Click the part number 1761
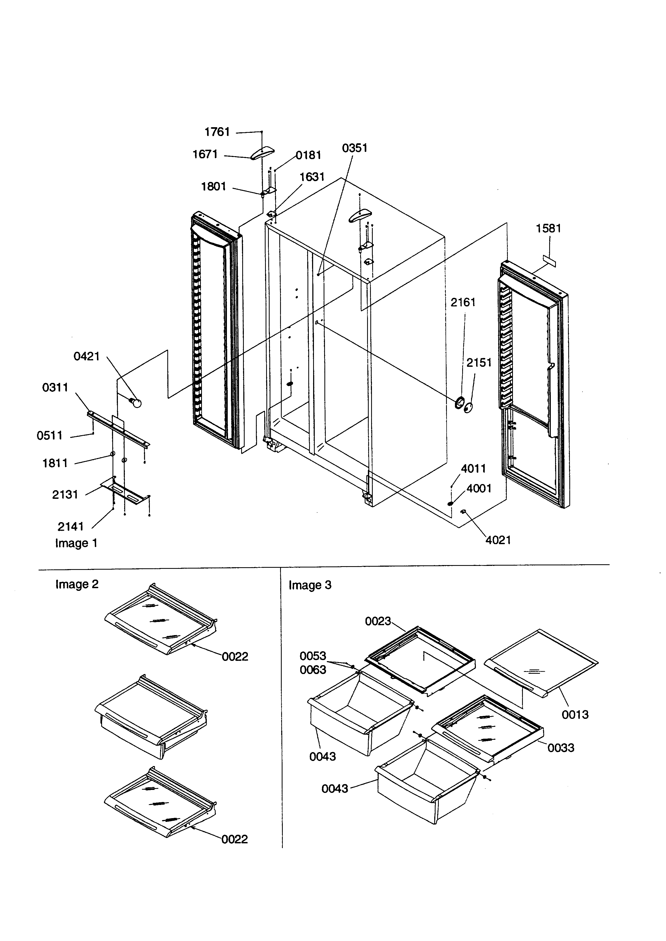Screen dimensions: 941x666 [217, 132]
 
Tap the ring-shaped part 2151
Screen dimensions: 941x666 [468, 407]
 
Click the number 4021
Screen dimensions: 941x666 [498, 540]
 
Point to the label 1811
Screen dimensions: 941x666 [55, 463]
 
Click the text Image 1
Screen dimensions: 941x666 [76, 543]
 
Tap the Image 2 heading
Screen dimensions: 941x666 [77, 584]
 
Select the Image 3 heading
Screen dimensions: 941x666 [310, 585]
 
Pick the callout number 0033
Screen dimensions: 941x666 [561, 748]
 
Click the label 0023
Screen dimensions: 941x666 [377, 621]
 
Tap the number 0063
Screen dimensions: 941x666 [313, 670]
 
